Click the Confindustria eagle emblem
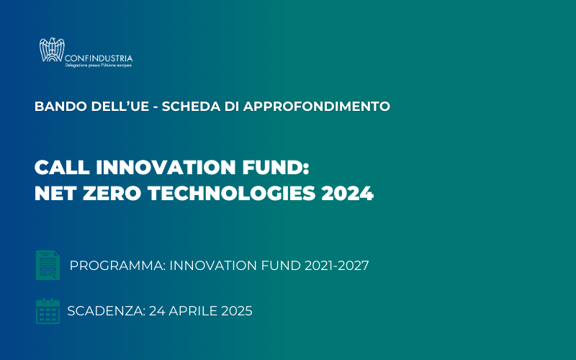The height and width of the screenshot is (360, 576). click(52, 50)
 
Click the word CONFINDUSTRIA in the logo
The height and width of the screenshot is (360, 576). click(99, 58)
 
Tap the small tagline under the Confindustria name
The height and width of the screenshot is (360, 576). click(99, 66)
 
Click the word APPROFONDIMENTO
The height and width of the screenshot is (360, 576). click(317, 107)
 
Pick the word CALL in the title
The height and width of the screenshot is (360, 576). click(62, 168)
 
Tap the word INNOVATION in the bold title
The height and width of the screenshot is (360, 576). click(166, 168)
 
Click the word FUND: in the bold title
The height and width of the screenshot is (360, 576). click(276, 168)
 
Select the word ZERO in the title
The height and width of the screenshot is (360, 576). click(112, 193)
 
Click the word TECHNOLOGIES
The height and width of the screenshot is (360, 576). click(231, 193)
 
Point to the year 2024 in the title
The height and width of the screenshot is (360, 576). click(348, 193)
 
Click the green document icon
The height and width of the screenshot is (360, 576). click(48, 265)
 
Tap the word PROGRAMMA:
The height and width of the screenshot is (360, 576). click(117, 266)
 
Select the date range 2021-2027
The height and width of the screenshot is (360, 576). click(336, 266)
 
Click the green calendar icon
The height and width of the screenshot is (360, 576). click(48, 311)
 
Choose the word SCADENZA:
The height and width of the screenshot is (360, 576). click(107, 311)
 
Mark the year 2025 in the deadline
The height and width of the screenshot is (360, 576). click(237, 311)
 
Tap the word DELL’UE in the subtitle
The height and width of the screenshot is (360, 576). click(120, 107)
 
